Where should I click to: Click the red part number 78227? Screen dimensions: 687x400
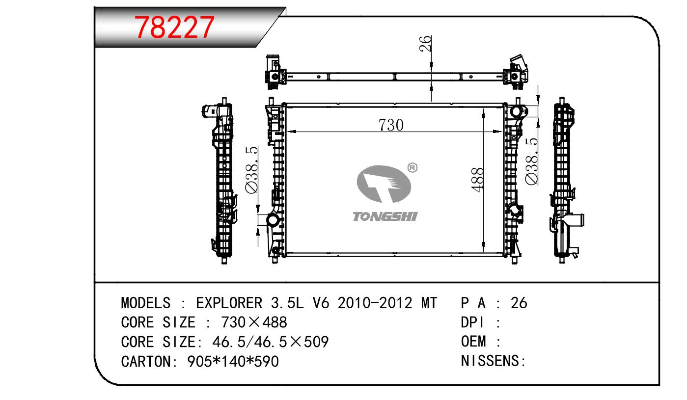[174, 27]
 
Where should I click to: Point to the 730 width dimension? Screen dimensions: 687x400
[391, 125]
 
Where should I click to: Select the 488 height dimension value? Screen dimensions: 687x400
[478, 180]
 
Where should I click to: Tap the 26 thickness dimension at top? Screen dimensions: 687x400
[425, 43]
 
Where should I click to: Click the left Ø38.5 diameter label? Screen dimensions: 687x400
[251, 170]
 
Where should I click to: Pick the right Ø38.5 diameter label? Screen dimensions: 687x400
[531, 161]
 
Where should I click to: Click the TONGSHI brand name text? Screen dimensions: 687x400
[385, 216]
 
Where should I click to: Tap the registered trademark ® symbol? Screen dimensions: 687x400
[412, 168]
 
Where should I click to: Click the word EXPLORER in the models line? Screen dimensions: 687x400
[229, 303]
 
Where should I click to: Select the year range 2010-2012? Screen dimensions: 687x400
[375, 303]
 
